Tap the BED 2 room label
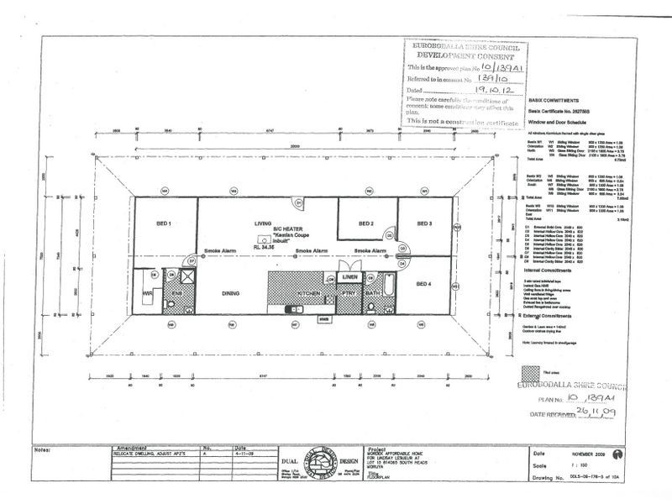tap(366, 224)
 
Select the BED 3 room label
tap(425, 224)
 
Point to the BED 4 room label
tap(425, 284)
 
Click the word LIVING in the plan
tap(266, 223)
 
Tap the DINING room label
tap(232, 293)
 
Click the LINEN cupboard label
tap(349, 277)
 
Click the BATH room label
tap(373, 293)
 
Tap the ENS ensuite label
tap(177, 293)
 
